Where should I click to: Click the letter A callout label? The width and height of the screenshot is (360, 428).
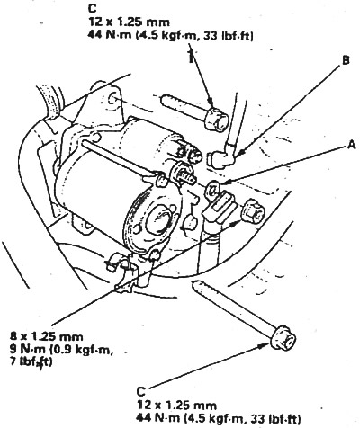(x=351, y=145)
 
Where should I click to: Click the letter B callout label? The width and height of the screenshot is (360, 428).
(x=346, y=60)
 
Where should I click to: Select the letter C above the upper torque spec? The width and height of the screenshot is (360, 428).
(x=93, y=8)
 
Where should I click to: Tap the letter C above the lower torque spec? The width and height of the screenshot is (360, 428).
(x=141, y=391)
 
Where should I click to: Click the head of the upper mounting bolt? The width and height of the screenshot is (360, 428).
(x=217, y=119)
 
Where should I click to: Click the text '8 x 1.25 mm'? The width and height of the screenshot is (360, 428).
(x=46, y=336)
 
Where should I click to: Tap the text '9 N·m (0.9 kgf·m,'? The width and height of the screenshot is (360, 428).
(x=62, y=350)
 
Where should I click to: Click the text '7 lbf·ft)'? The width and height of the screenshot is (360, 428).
(x=31, y=362)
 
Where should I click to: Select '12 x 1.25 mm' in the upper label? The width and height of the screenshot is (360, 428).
(x=129, y=22)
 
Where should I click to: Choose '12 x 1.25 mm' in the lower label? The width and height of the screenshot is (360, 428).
(x=177, y=406)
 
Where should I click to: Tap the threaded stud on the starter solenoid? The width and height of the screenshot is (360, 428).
(x=185, y=176)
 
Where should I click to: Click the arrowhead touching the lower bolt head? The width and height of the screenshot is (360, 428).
(x=264, y=345)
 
